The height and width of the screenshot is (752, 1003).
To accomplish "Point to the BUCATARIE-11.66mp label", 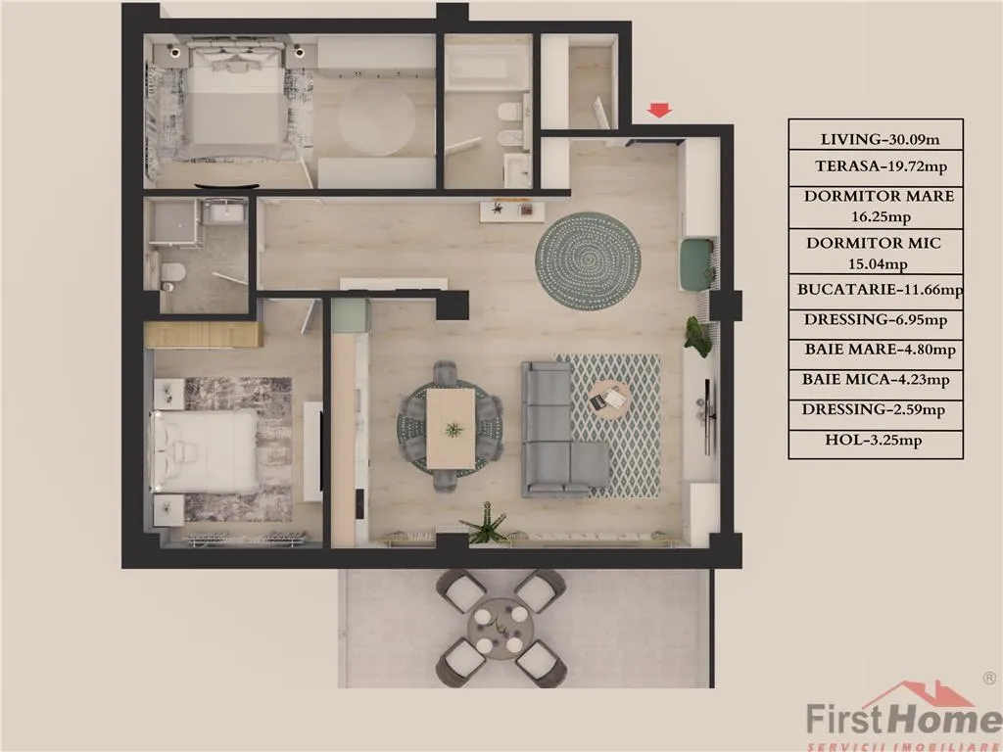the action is click(x=880, y=290).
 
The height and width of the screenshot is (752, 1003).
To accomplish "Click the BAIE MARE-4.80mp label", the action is click(x=881, y=350).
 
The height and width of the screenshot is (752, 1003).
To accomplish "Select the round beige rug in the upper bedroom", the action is click(x=376, y=118).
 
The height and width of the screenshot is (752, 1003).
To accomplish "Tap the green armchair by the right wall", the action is click(x=697, y=264).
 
